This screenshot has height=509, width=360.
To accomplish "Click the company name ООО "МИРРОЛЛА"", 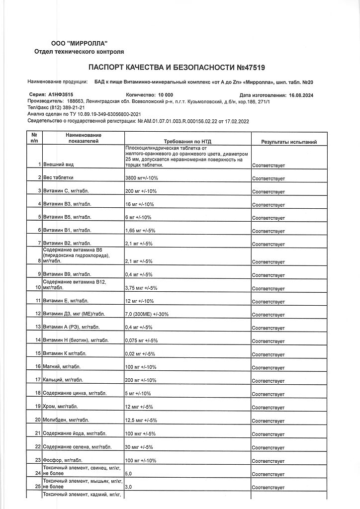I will (x=79, y=44).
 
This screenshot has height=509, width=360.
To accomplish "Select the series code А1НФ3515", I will (x=60, y=94).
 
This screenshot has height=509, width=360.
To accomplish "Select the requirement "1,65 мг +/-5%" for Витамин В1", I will (x=142, y=231).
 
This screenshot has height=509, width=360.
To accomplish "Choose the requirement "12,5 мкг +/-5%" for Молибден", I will (x=141, y=420).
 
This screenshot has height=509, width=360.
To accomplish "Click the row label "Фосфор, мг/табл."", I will (x=63, y=459).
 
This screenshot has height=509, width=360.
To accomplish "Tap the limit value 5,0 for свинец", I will (x=128, y=474).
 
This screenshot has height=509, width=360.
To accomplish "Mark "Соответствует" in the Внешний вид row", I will (x=269, y=165).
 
